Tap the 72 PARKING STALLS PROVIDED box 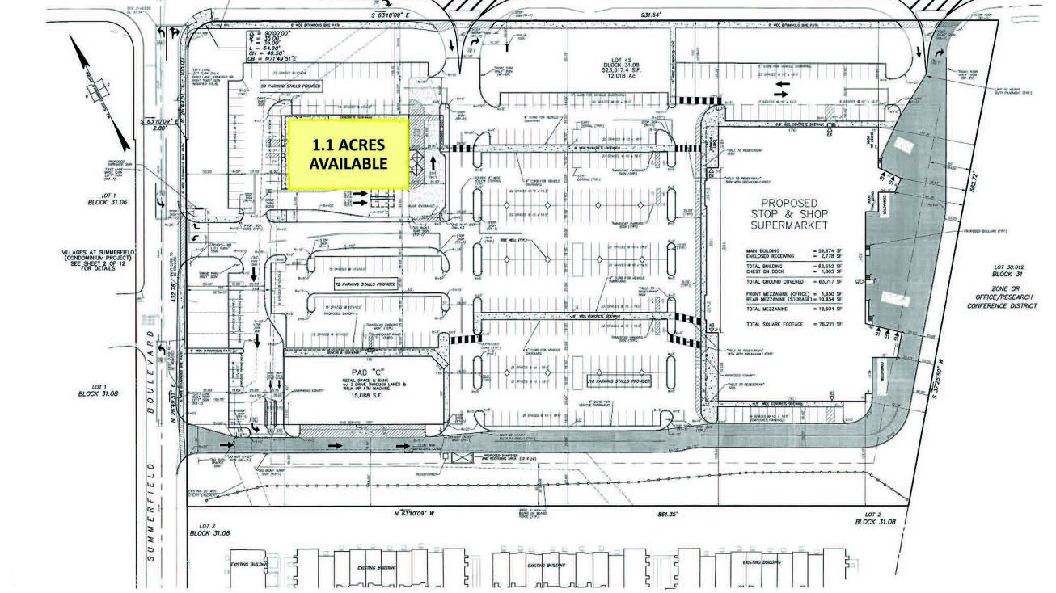[x=365, y=284]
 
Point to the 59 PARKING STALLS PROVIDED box [x=290, y=85]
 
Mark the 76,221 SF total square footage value [x=829, y=323]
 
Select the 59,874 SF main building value [x=829, y=250]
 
